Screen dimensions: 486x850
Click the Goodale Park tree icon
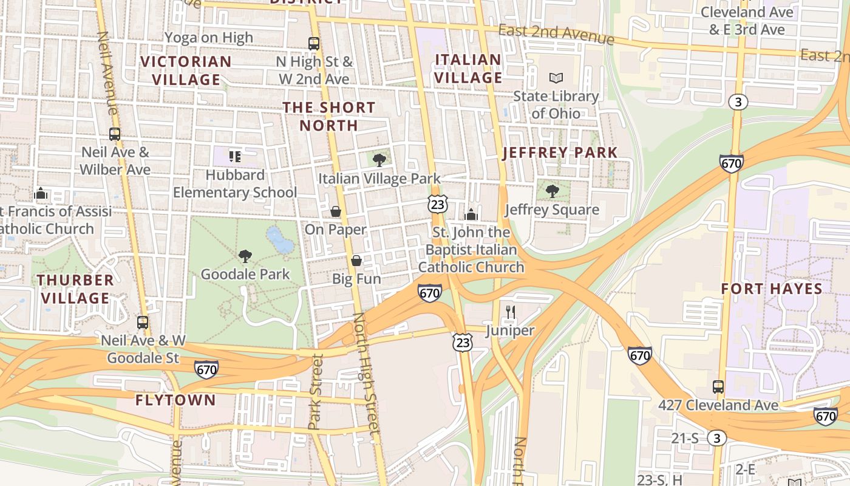pyautogui.click(x=245, y=256)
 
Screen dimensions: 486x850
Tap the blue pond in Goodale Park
pyautogui.click(x=280, y=240)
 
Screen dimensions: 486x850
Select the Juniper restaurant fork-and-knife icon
pyautogui.click(x=510, y=313)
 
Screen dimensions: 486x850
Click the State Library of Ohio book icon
pyautogui.click(x=556, y=78)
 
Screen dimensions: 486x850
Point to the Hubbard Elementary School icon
pyautogui.click(x=235, y=157)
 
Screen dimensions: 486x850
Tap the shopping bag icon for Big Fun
pyautogui.click(x=356, y=261)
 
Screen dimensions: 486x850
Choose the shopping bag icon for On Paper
pyautogui.click(x=335, y=211)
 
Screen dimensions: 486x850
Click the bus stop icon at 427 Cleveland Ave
pyautogui.click(x=718, y=386)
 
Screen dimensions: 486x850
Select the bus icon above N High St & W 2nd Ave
pyautogui.click(x=313, y=43)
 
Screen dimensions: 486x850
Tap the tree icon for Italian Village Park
pyautogui.click(x=379, y=160)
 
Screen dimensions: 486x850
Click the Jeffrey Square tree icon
pyautogui.click(x=552, y=191)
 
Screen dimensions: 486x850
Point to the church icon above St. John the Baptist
pyautogui.click(x=471, y=214)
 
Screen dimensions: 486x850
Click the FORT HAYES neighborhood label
pyautogui.click(x=771, y=289)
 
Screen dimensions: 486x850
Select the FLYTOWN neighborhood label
pyautogui.click(x=175, y=400)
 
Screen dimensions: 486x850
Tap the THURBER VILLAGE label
pyautogui.click(x=75, y=289)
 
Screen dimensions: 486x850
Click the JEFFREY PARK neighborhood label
pyautogui.click(x=560, y=152)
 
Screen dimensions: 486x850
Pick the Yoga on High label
pyautogui.click(x=209, y=38)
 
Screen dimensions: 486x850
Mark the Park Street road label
pyautogui.click(x=315, y=392)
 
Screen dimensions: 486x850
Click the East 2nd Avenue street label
pyautogui.click(x=556, y=34)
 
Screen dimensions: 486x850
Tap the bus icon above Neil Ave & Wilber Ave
pyautogui.click(x=115, y=134)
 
